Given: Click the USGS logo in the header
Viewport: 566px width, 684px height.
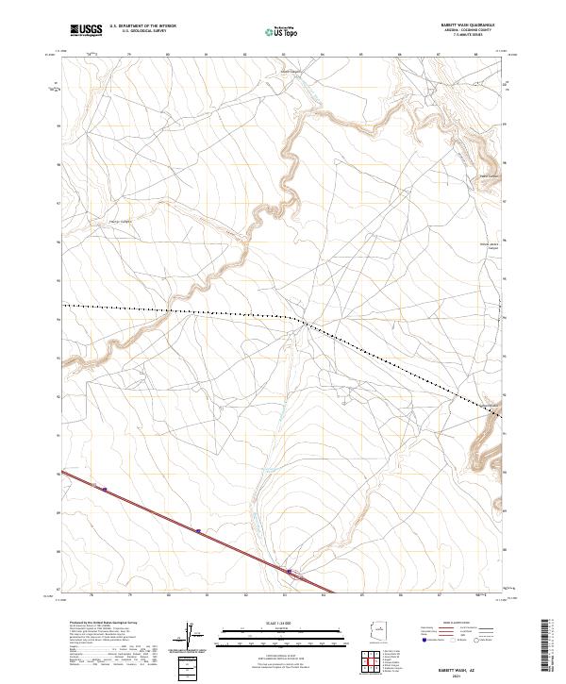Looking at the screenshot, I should click(x=86, y=31).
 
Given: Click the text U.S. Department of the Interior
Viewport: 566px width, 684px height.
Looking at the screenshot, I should click(x=142, y=26).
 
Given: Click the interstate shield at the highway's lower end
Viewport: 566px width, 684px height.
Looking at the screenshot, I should click(x=290, y=571).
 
